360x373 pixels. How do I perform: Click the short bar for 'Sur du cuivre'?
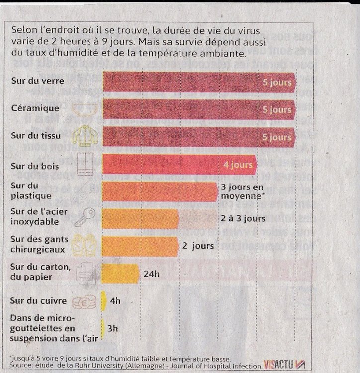coord(104,301)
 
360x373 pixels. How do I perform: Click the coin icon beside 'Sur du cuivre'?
coord(83,302)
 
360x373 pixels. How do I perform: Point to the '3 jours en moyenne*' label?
coord(241,191)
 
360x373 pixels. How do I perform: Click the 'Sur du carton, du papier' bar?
coord(120,273)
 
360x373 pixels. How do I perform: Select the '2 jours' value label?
coord(198,246)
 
